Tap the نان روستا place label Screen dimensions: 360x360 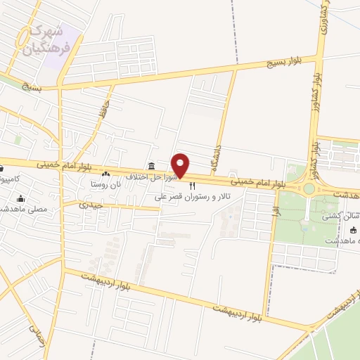pyautogui.click(x=105, y=184)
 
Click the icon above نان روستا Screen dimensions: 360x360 pyautogui.click(x=105, y=174)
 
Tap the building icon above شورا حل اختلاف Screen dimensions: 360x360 pyautogui.click(x=151, y=166)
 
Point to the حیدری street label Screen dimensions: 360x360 pyautogui.click(x=91, y=205)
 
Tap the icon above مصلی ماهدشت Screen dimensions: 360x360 pyautogui.click(x=20, y=198)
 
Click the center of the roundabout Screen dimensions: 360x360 pyautogui.click(x=309, y=188)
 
